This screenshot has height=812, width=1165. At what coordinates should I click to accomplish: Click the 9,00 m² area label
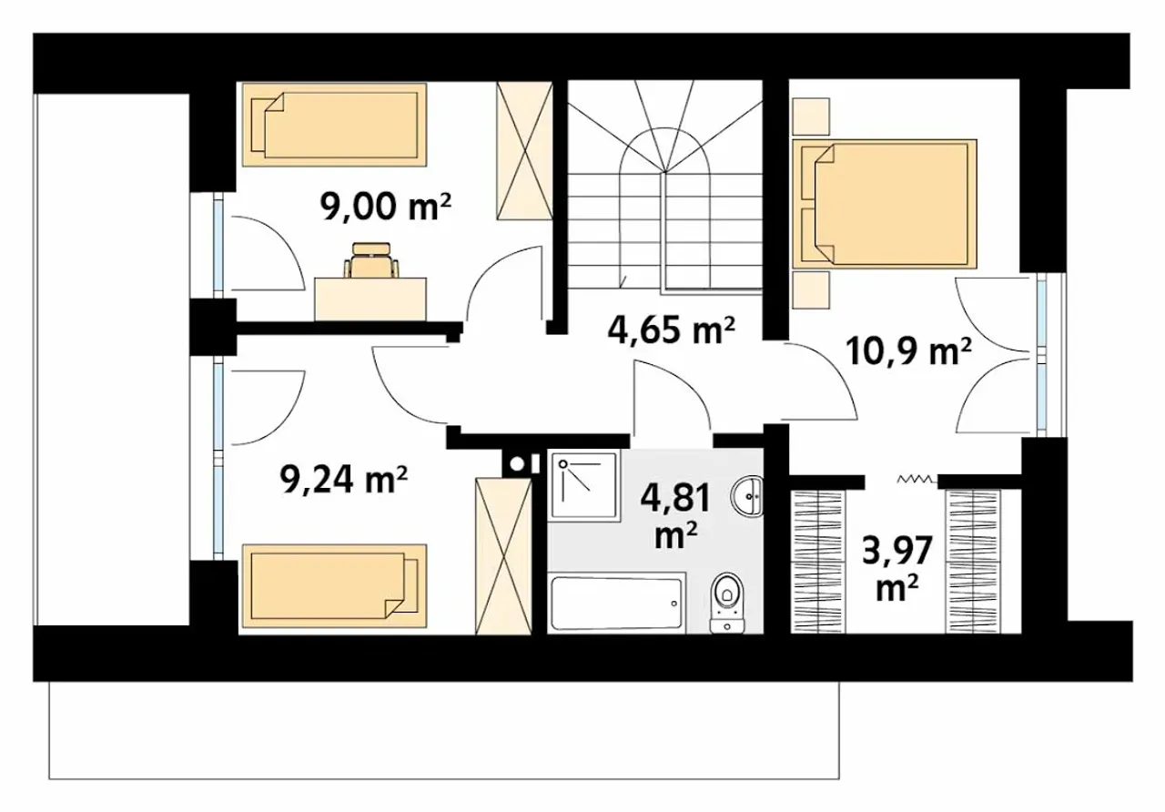click(385, 208)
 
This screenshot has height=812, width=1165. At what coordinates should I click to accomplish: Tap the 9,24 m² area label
click(343, 479)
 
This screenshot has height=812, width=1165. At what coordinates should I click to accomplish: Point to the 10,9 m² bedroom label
click(908, 352)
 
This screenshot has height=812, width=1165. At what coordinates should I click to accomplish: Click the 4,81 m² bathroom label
click(675, 515)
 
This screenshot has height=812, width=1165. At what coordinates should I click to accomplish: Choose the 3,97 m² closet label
click(897, 568)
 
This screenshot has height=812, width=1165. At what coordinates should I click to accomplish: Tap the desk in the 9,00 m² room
click(370, 299)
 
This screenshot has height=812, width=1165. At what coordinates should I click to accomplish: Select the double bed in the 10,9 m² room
click(884, 204)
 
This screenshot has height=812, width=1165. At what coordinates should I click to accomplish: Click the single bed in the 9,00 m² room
click(334, 125)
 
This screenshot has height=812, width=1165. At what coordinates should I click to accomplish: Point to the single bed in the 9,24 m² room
click(334, 585)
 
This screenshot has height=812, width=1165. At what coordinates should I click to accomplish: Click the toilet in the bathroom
click(727, 603)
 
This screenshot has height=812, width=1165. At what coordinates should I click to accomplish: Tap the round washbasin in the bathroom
click(747, 497)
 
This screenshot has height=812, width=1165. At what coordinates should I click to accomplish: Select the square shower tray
click(584, 486)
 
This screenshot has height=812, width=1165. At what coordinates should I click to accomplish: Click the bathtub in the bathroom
click(617, 603)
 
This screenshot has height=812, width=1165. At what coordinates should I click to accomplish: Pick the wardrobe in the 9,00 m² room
click(524, 150)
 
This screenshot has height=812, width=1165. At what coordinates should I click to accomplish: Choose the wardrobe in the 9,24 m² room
click(503, 556)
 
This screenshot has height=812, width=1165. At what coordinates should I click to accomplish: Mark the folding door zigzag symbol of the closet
click(917, 479)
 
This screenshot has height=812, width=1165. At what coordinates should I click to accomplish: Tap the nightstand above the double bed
click(810, 117)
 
